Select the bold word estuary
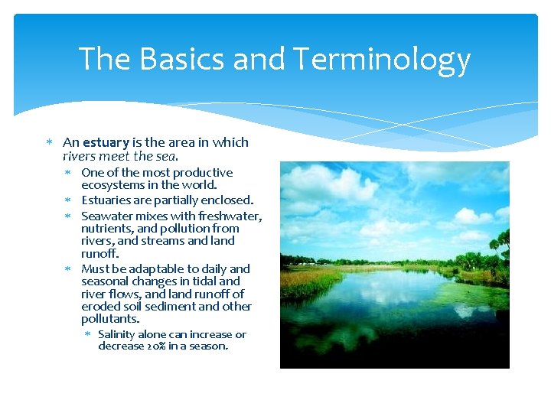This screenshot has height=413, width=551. (106, 142)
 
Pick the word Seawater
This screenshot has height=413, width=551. (108, 216)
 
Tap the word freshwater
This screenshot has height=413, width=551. (230, 216)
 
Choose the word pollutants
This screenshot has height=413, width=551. (110, 318)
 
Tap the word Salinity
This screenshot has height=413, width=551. (117, 334)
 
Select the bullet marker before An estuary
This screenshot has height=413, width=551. (48, 142)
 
